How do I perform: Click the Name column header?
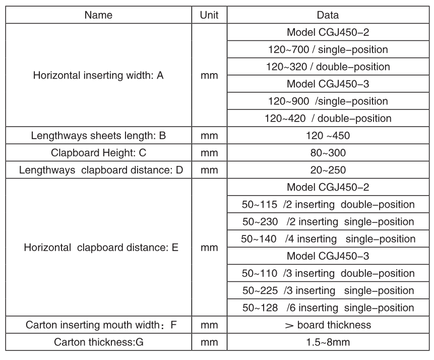point(98,15)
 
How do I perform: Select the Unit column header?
point(209,15)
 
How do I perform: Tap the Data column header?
point(328,15)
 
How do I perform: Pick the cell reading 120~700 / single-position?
point(328,50)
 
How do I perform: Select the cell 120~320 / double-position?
point(328,67)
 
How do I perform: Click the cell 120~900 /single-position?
point(328,101)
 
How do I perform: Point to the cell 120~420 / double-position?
point(328,118)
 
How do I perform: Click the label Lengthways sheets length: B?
point(98,136)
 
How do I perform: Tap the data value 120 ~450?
point(328,136)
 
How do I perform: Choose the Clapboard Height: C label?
point(98,153)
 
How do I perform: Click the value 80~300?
point(328,153)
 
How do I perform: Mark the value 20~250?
point(328,170)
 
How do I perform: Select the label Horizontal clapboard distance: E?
point(98,248)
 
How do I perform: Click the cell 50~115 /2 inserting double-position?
point(328,205)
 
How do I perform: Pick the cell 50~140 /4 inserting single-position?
point(328,239)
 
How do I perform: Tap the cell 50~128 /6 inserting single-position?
point(328,308)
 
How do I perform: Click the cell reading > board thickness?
point(328,325)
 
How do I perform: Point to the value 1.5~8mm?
point(328,342)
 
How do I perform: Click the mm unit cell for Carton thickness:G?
point(209,342)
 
